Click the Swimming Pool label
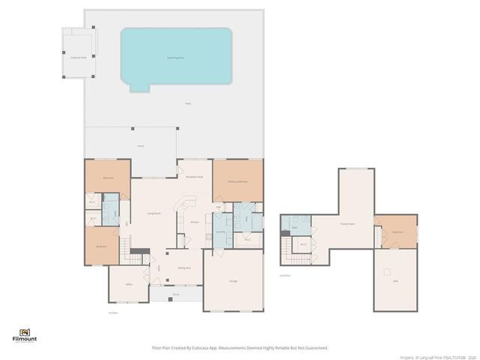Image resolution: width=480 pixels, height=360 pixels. click(x=175, y=57)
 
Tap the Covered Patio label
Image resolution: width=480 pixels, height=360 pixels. click(x=79, y=57)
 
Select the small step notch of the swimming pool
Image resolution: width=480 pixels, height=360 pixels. click(x=139, y=87)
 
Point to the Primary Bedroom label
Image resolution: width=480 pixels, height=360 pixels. click(x=238, y=181)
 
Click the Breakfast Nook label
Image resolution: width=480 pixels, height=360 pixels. click(x=194, y=177)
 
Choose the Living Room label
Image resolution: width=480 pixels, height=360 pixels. click(x=153, y=214)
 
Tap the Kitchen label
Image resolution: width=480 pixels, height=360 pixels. click(x=193, y=223)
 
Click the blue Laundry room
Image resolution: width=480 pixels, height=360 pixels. click(x=221, y=232)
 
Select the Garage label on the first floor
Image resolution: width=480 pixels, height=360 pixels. click(x=233, y=280)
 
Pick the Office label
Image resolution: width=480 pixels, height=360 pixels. click(x=128, y=284)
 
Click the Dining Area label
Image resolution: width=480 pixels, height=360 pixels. click(x=184, y=268)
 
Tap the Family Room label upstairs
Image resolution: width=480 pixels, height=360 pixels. click(x=347, y=223)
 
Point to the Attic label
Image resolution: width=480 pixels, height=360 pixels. click(x=395, y=281)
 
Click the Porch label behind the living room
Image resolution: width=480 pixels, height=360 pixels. click(x=140, y=145)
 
